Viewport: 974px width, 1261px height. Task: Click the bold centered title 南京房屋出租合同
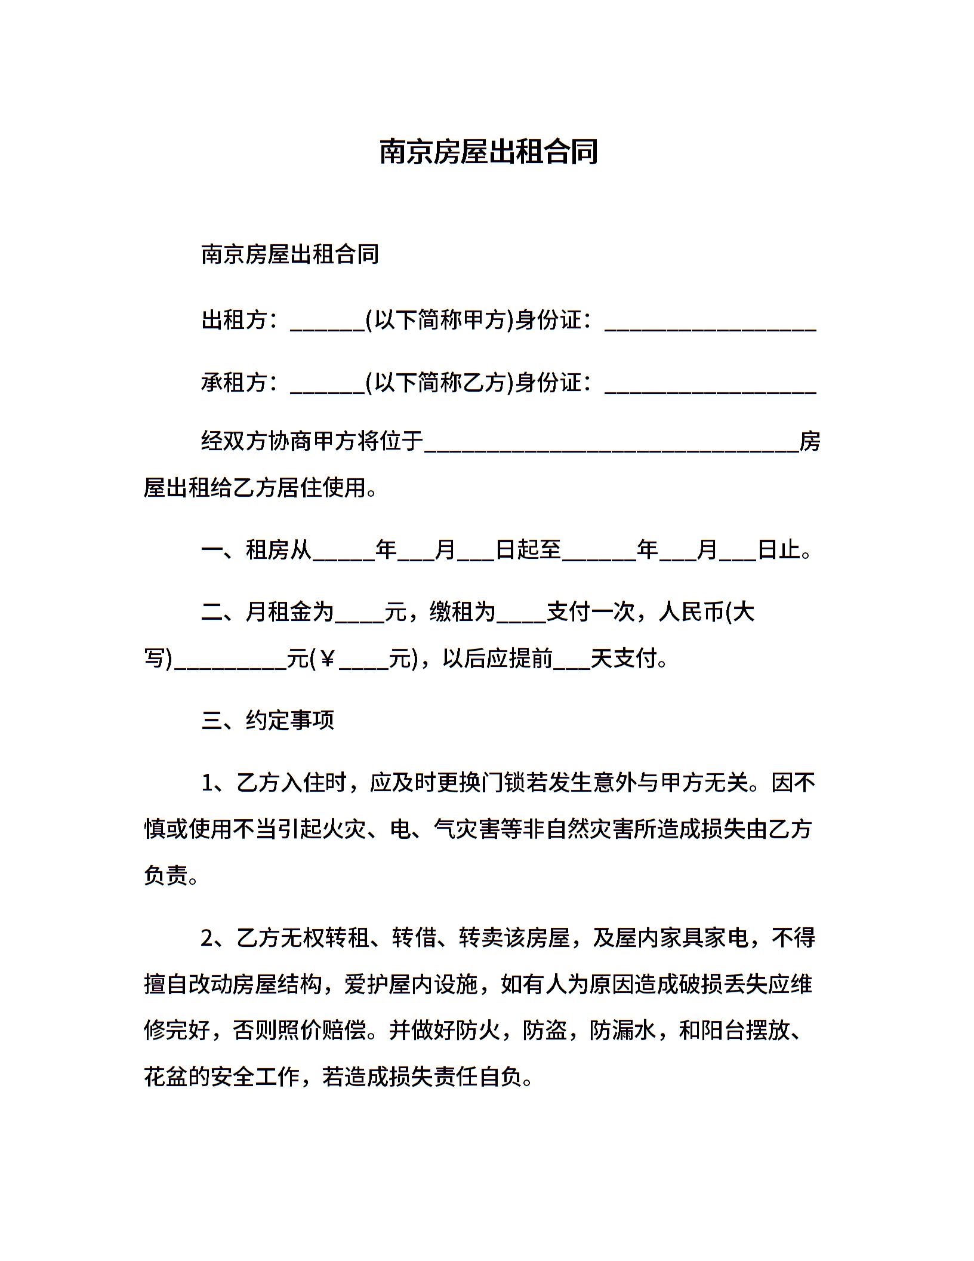(488, 152)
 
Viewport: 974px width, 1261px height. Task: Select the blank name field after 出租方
(327, 325)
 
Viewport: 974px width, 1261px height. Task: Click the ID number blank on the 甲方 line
(710, 325)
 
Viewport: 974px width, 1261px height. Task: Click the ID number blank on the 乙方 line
(710, 387)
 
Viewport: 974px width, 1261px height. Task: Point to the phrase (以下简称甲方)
(440, 320)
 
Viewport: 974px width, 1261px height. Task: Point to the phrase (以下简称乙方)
(440, 382)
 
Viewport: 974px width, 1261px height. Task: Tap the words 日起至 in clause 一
(529, 549)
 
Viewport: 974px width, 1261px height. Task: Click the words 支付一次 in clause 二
(591, 611)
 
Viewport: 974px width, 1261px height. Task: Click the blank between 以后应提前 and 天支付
(572, 663)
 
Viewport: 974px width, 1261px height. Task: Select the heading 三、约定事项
(268, 720)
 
